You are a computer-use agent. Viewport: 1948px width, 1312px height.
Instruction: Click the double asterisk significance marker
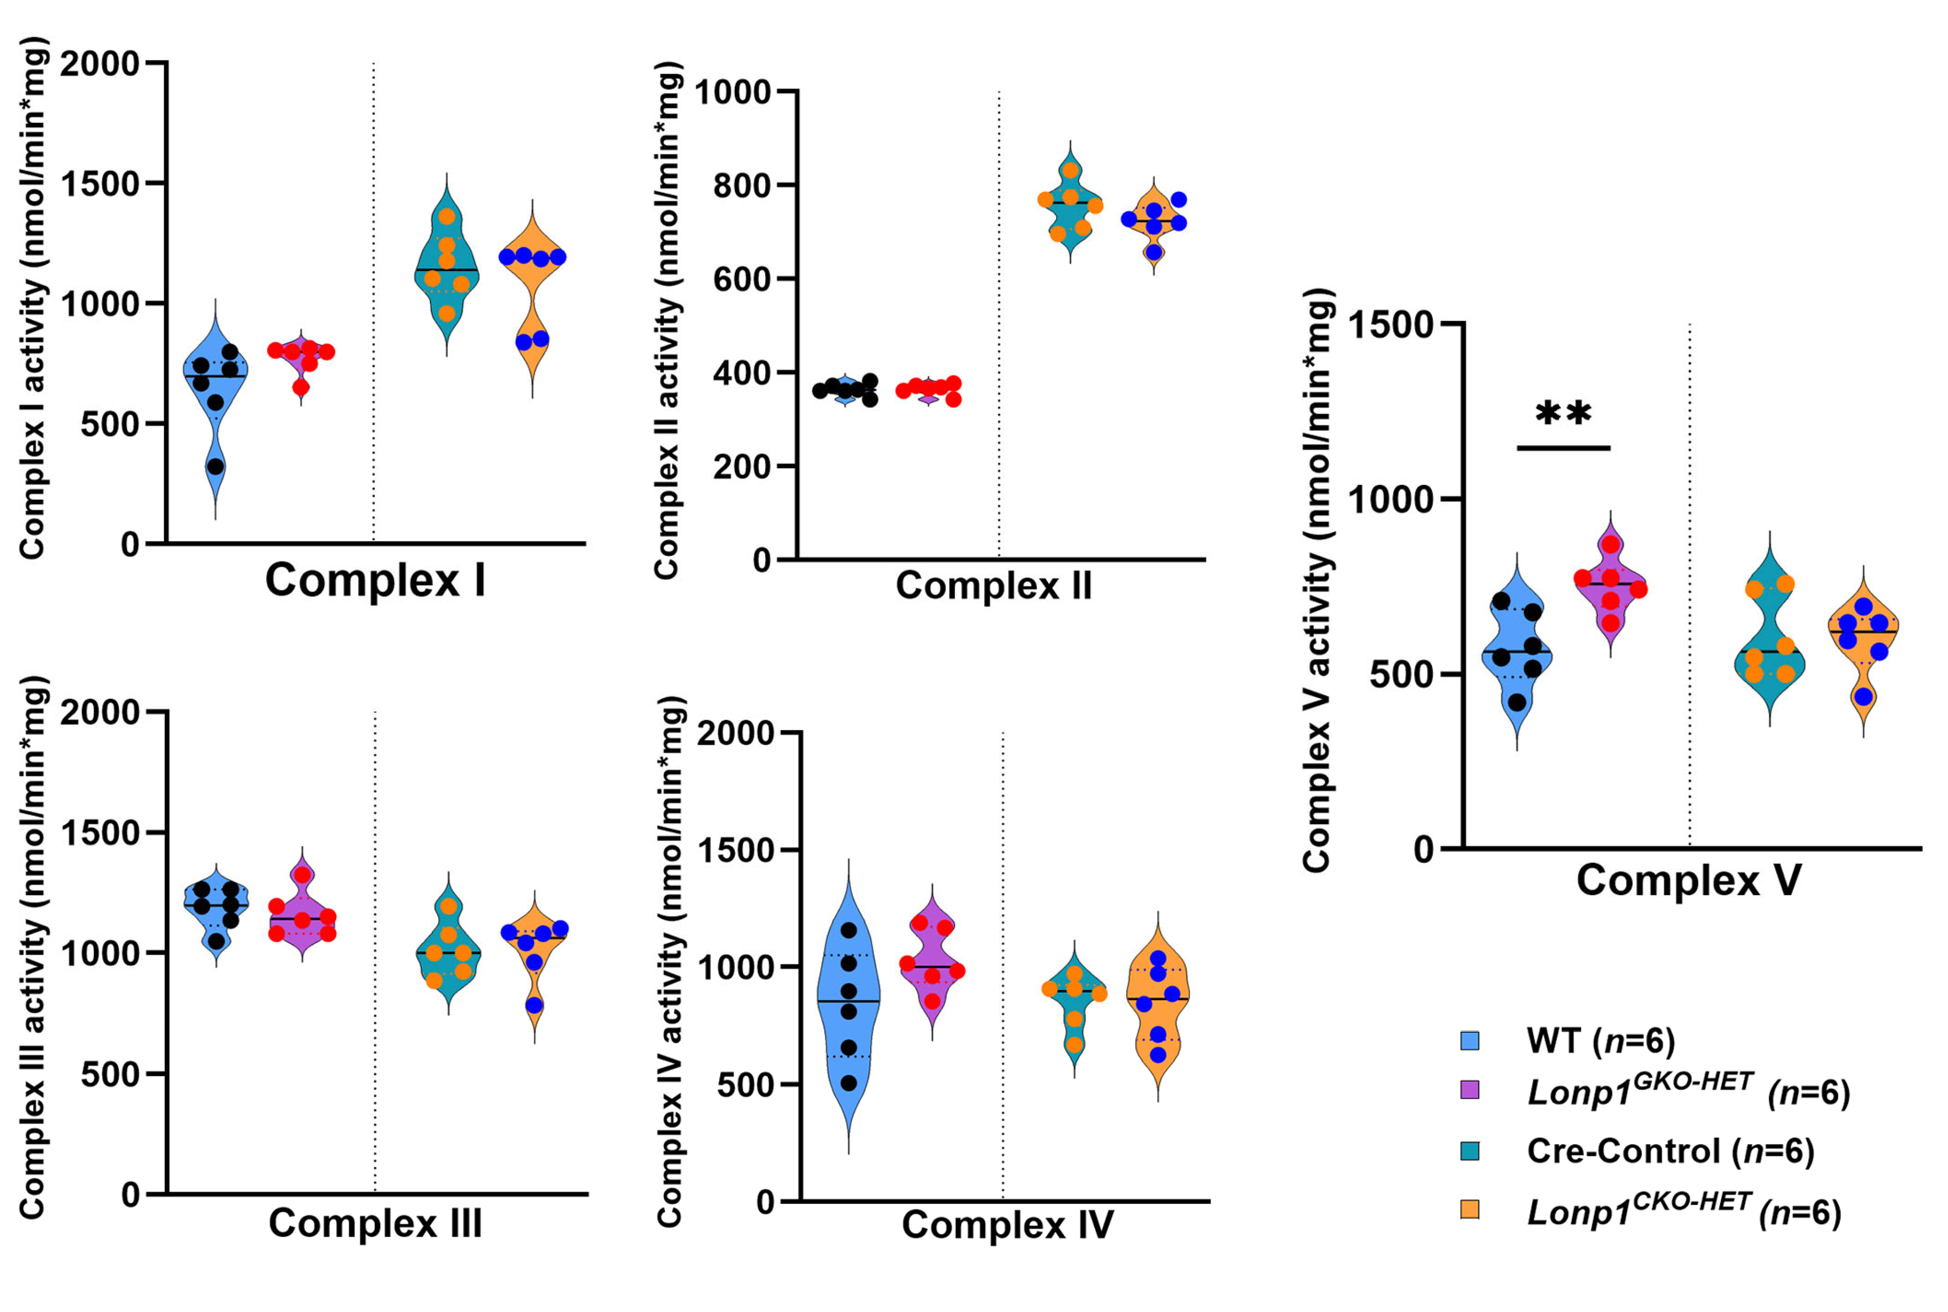tap(1563, 414)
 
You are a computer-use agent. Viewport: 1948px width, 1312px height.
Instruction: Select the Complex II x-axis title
tap(994, 586)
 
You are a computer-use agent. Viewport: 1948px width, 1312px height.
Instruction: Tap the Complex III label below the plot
tap(376, 1223)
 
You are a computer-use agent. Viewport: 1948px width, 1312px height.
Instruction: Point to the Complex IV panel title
tap(1007, 1225)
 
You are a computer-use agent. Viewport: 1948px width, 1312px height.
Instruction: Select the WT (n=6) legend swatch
tap(1470, 1041)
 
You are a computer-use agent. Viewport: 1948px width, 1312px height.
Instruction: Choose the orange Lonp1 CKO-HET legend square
tap(1470, 1210)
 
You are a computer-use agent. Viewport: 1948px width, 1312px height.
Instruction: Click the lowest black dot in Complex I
tap(216, 466)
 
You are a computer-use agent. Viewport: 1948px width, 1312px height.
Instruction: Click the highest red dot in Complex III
tap(302, 875)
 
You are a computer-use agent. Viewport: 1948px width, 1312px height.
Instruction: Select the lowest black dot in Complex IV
tap(848, 1083)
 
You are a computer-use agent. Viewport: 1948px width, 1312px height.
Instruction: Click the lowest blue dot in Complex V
tap(1863, 696)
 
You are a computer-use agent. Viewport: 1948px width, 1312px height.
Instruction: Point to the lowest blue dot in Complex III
tap(534, 1005)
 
